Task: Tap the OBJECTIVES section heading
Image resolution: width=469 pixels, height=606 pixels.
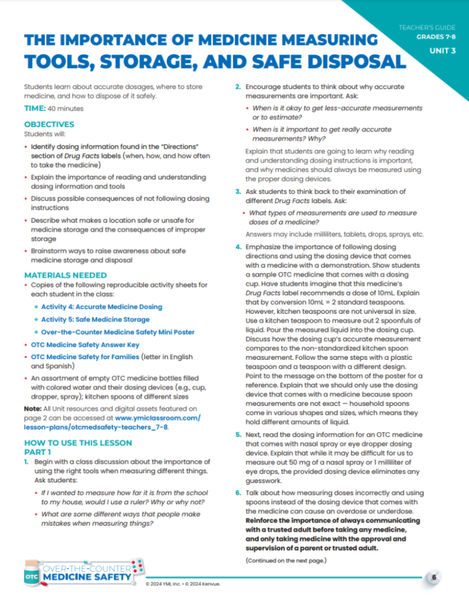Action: (49, 124)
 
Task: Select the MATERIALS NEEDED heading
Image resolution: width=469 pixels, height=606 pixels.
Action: (65, 275)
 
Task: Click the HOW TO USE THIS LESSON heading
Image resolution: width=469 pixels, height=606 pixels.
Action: (78, 443)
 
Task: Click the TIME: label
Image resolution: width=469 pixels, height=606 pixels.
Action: (35, 109)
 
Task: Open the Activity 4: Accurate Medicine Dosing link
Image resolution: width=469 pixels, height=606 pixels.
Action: (101, 307)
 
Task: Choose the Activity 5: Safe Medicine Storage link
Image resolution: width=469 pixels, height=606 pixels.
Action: (96, 320)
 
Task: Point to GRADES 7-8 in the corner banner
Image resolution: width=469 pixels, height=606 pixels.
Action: (435, 37)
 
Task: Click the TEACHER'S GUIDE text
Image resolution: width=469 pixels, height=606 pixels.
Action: (427, 28)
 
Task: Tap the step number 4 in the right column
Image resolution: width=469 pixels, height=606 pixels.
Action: (238, 246)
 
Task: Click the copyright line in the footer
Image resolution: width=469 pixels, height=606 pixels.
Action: (187, 585)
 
